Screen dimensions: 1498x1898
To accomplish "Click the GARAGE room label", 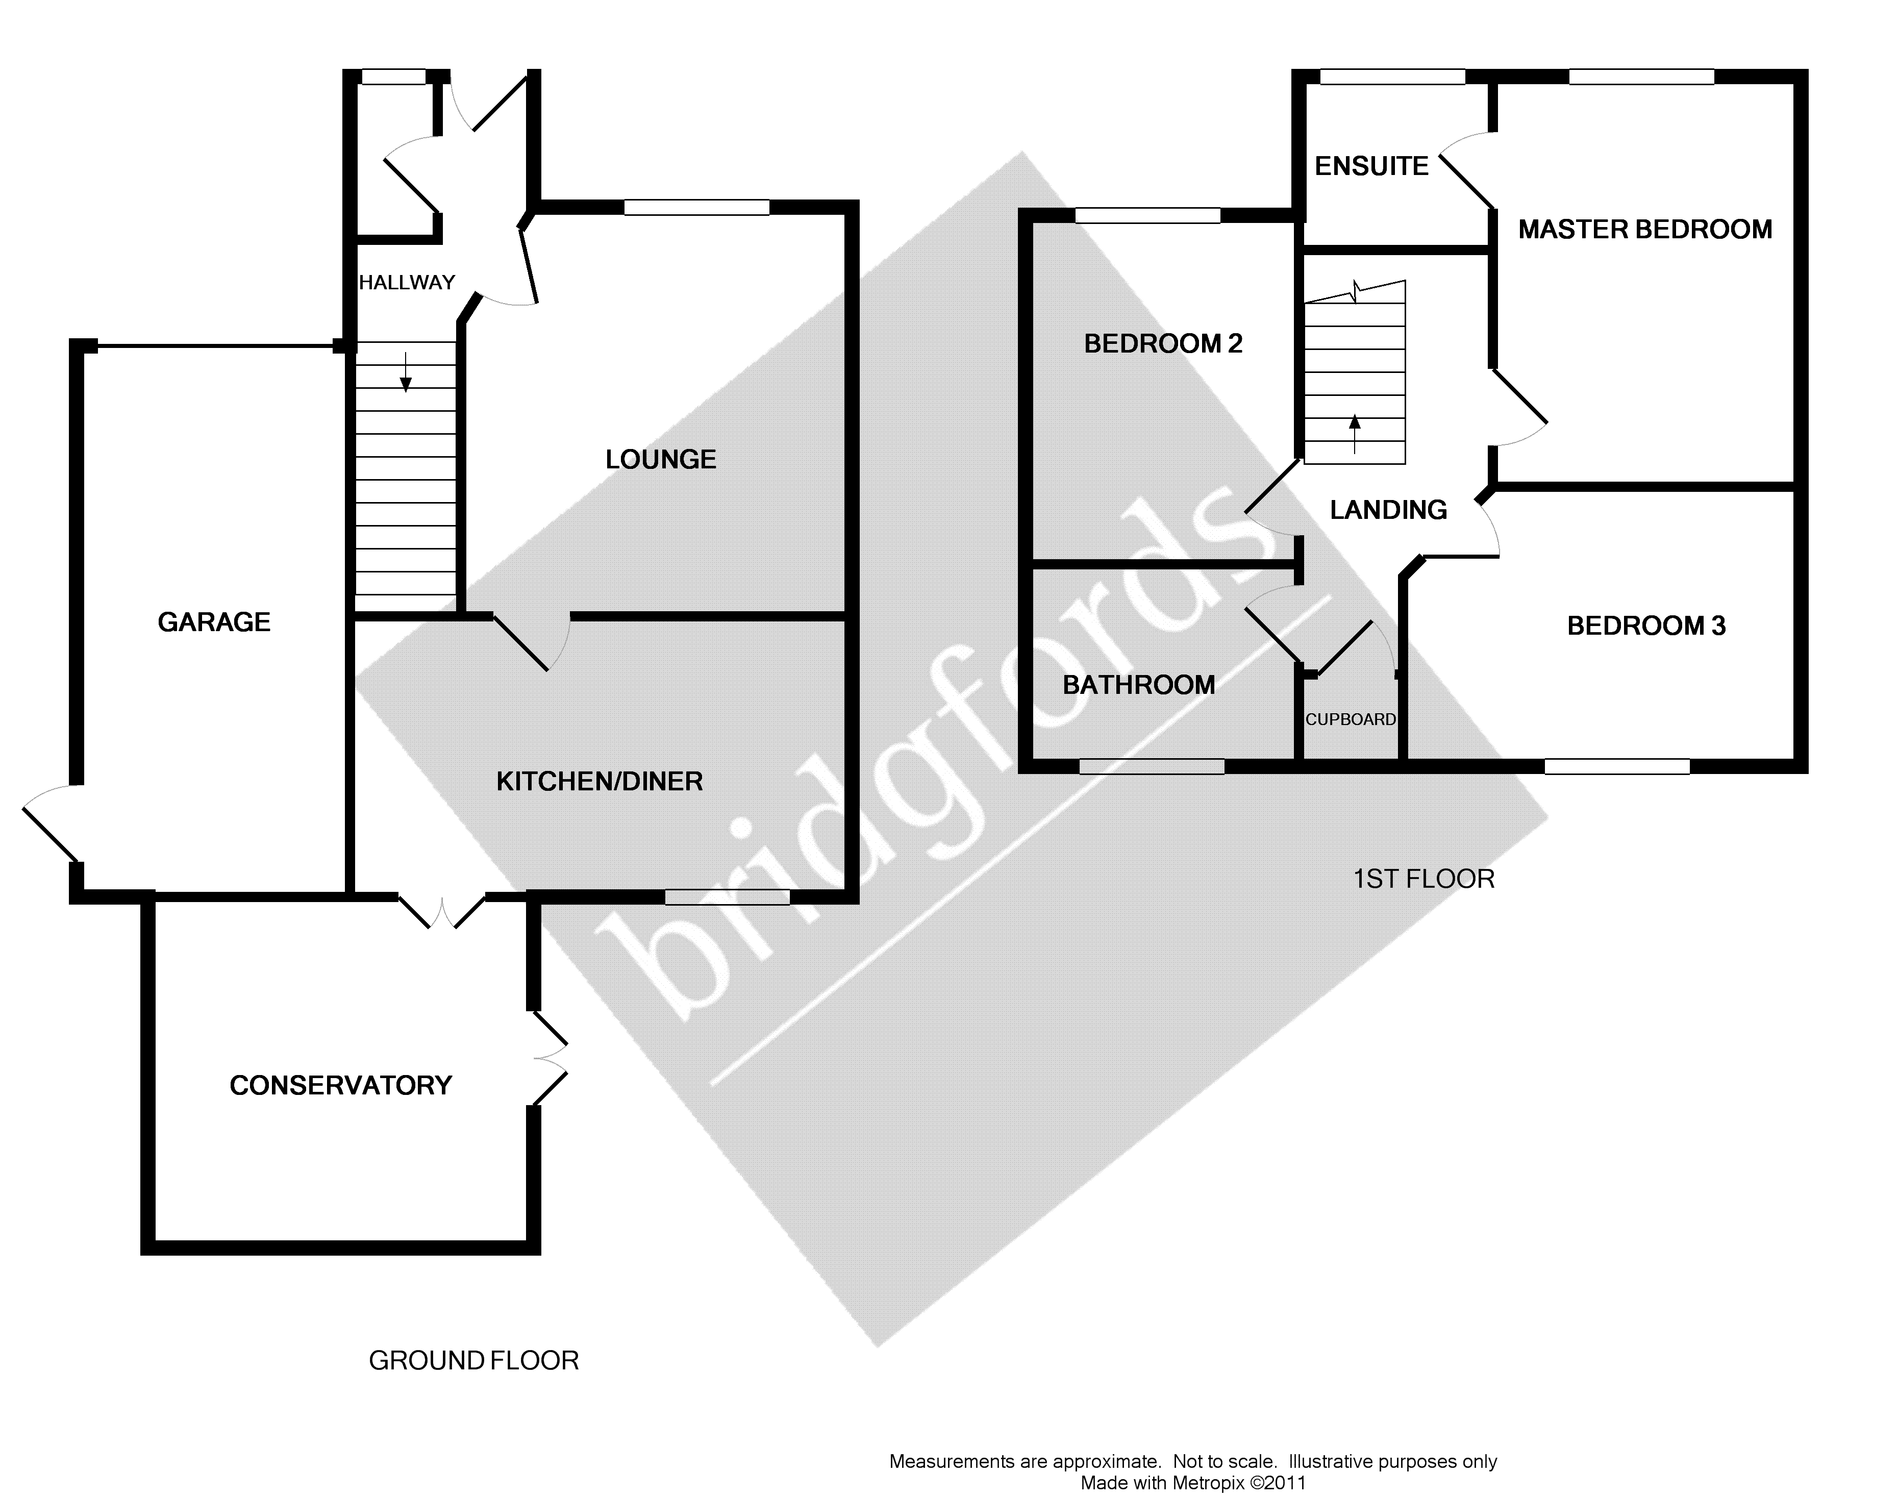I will click(214, 622).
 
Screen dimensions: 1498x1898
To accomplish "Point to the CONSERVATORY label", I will click(340, 1086).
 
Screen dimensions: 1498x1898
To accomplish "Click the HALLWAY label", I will click(407, 283).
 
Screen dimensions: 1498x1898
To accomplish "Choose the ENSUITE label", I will click(1371, 166).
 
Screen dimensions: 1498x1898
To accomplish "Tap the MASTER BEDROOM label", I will click(1644, 229).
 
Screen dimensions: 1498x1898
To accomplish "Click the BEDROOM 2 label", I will click(1163, 344).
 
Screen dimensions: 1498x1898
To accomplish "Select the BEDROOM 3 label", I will click(1645, 626).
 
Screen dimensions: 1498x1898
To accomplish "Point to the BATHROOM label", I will click(1138, 685).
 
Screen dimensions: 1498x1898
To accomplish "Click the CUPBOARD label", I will click(1351, 720).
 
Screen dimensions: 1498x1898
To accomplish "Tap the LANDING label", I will click(1388, 510).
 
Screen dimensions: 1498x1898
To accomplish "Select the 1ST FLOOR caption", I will click(1423, 879).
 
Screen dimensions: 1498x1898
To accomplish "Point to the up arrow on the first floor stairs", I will click(1355, 432).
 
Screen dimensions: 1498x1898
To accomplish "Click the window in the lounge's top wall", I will click(696, 208).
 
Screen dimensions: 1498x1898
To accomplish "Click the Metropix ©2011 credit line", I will click(1193, 1483).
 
